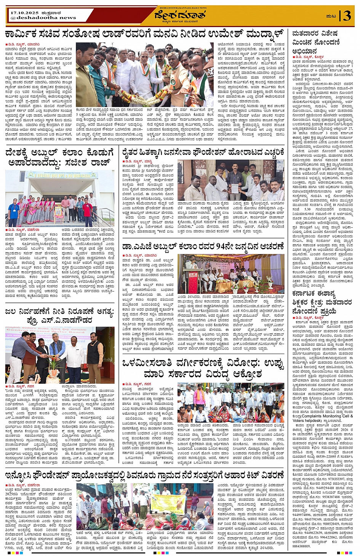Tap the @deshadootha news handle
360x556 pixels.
pyautogui.click(x=43, y=18)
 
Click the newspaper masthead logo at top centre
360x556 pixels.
pyautogui.click(x=180, y=16)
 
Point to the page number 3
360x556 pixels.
pyautogui.click(x=347, y=16)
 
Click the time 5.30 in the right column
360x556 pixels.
pyautogui.click(x=307, y=209)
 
